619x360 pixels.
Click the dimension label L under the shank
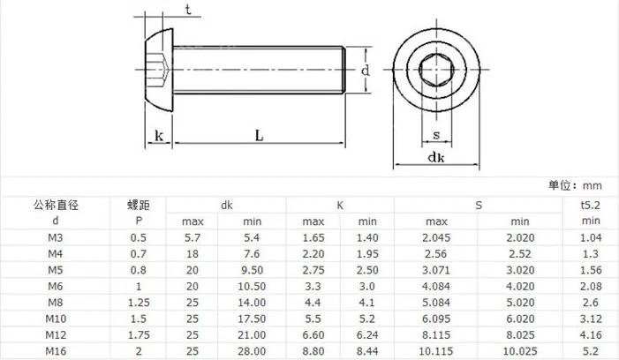(x=259, y=136)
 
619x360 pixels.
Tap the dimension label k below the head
(x=159, y=136)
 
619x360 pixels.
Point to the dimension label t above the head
(x=188, y=9)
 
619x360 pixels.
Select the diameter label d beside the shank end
(x=366, y=71)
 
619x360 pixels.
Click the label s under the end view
(x=436, y=135)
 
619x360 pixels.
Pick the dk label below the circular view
(x=436, y=157)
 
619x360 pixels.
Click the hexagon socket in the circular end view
(x=436, y=70)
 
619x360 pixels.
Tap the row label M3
(x=56, y=237)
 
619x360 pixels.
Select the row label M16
(x=56, y=351)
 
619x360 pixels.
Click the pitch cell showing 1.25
(x=139, y=303)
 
